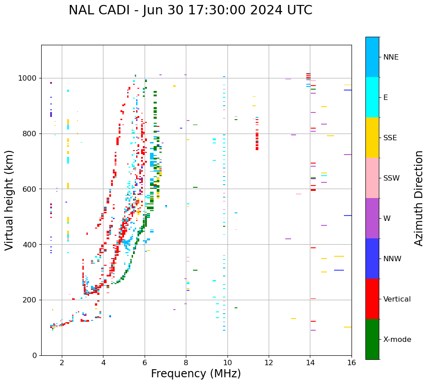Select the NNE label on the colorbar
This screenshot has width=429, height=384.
point(390,57)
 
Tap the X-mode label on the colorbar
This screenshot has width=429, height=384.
point(397,340)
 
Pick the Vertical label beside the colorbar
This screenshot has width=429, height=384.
point(397,299)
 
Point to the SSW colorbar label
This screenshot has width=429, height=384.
point(391,178)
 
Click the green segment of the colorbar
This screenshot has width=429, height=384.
point(372,339)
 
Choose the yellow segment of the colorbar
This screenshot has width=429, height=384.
point(372,138)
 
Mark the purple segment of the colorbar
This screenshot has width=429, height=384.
point(372,218)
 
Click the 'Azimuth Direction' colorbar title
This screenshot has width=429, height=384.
point(419,198)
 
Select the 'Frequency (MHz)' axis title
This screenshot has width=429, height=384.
point(196,374)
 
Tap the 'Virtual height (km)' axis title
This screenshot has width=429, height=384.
point(9,200)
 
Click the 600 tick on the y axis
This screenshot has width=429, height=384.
point(31,189)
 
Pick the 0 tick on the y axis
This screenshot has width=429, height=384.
point(35,355)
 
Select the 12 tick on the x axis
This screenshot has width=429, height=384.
point(269,362)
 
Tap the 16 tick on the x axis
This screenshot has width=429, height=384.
point(352,362)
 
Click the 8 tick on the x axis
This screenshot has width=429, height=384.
point(186,362)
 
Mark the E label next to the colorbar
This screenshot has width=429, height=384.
point(386,98)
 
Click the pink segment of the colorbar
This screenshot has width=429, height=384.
point(372,178)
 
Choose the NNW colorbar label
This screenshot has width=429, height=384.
point(392,259)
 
